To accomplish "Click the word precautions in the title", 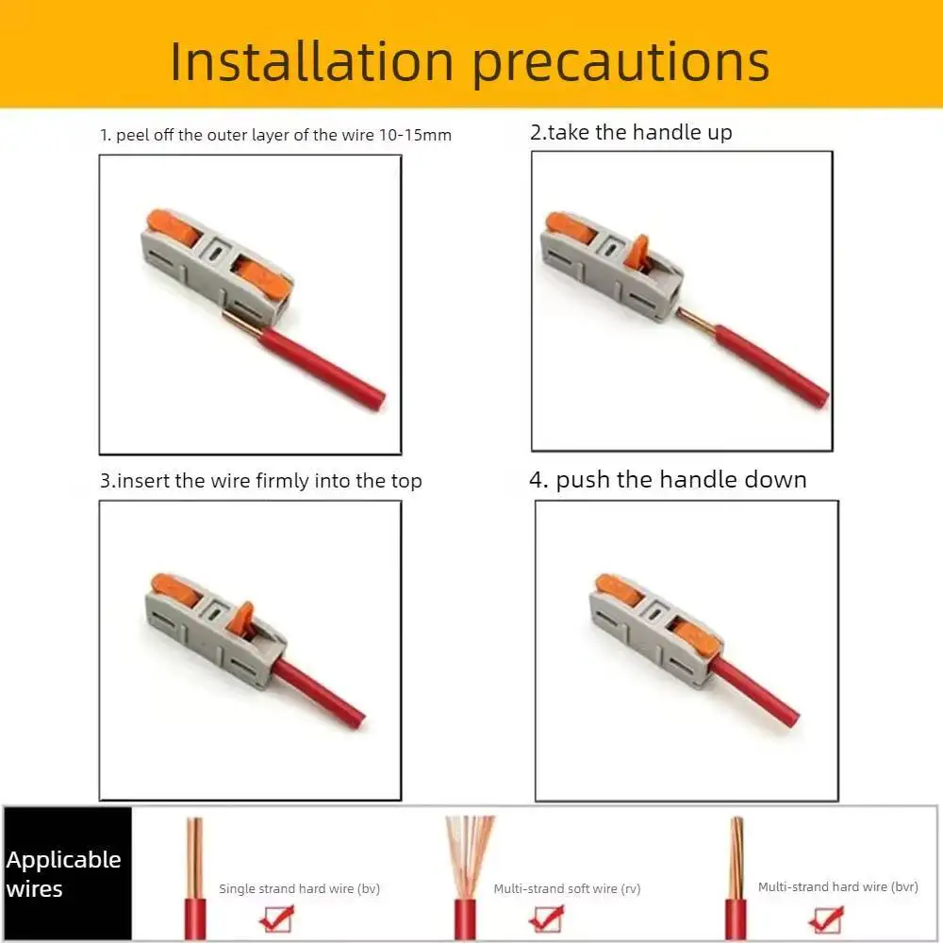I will (620, 62).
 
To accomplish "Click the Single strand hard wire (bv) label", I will (299, 888).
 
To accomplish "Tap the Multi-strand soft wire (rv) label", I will (568, 888).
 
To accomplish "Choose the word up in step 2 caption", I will (720, 132).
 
